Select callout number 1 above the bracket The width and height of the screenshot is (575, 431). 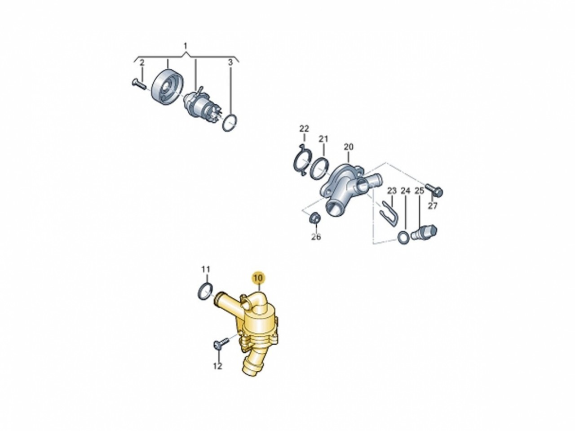click(185, 46)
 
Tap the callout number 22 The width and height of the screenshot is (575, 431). click(304, 129)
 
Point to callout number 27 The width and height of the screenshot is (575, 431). click(433, 206)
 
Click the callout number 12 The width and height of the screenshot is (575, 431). click(218, 366)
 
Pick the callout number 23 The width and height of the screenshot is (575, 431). click(392, 191)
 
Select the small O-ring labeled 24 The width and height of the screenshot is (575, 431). click(403, 237)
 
